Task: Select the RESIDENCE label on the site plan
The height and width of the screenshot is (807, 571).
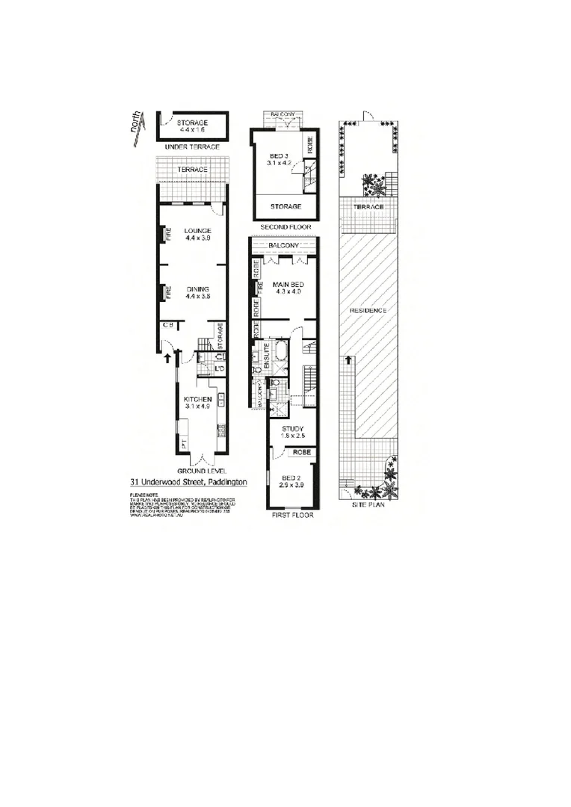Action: click(368, 310)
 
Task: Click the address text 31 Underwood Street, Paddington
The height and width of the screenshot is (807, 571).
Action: click(188, 482)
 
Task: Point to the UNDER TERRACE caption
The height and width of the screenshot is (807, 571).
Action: click(193, 147)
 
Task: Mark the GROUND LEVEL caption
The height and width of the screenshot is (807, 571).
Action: click(198, 471)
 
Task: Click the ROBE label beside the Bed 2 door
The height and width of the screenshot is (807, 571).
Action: click(301, 453)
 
